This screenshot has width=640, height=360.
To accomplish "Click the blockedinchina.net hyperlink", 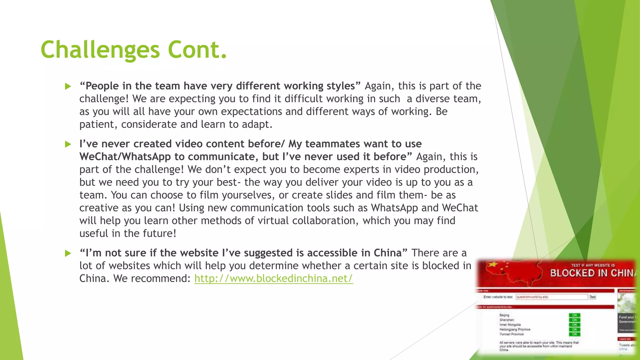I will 273,278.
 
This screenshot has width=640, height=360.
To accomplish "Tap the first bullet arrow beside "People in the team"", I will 68,87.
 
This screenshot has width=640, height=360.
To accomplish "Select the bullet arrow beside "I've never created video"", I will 68,144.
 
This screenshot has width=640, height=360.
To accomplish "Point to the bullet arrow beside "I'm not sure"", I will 68,253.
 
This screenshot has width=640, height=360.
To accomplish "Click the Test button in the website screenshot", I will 592,297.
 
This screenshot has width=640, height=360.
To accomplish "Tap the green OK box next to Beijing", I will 574,315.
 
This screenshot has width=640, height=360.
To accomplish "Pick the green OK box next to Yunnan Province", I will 574,334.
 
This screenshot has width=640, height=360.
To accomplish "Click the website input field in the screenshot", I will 551,297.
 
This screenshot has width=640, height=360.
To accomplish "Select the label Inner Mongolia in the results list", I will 510,325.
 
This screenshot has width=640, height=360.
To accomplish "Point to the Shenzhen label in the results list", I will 507,320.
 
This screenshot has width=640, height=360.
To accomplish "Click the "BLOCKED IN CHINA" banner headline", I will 592,273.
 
